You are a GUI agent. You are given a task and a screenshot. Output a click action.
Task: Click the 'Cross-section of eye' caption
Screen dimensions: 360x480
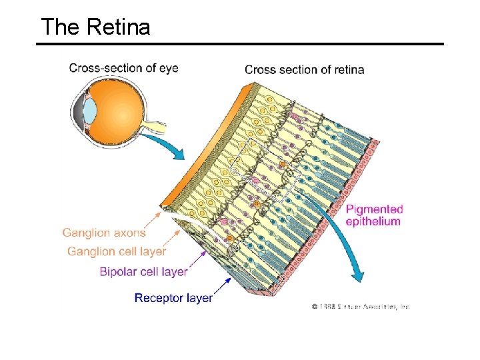[123, 68]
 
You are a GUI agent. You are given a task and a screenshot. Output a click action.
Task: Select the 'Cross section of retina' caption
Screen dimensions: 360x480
[304, 69]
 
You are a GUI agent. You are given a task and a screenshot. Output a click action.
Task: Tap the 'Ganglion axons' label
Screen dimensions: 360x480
[103, 233]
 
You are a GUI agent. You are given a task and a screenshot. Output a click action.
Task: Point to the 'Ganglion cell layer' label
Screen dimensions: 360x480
[117, 251]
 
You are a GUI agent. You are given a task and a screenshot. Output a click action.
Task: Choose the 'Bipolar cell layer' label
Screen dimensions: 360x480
[143, 271]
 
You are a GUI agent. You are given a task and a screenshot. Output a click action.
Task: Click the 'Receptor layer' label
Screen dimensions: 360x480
[173, 298]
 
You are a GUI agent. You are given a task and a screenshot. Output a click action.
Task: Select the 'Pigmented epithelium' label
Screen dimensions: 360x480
[374, 215]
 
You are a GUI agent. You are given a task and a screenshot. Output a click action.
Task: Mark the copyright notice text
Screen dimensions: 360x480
[360, 307]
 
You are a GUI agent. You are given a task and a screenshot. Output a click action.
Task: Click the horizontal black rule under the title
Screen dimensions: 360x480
[240, 44]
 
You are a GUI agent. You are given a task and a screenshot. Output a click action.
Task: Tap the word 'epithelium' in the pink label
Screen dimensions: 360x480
[373, 221]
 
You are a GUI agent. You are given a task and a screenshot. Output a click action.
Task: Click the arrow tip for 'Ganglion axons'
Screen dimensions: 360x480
[160, 213]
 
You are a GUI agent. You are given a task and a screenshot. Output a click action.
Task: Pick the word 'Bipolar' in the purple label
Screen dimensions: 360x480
[117, 271]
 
